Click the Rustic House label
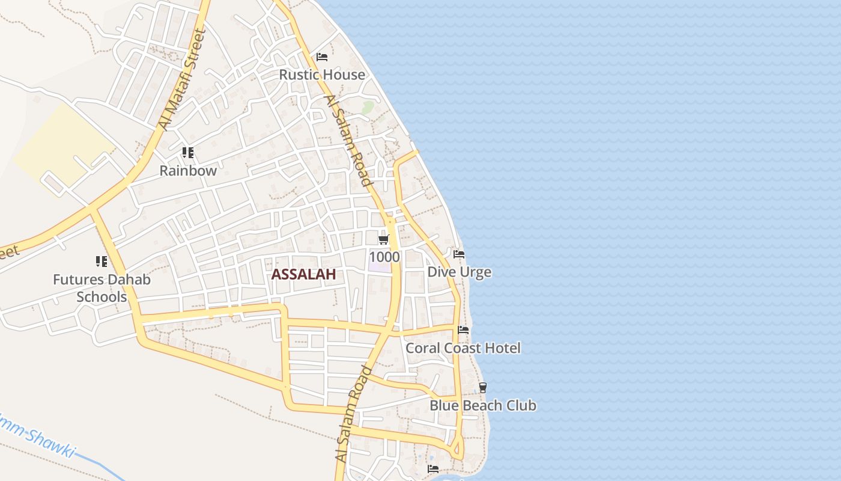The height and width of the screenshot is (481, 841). coord(322,75)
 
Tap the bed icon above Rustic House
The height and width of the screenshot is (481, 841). coord(322,57)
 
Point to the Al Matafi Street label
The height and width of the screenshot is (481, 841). coord(183,80)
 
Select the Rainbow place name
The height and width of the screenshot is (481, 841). coord(188,171)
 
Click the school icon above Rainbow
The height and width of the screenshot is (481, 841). coord(188,153)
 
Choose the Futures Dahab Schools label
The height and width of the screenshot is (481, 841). coord(102,288)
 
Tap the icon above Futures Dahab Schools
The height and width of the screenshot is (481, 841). coord(102,262)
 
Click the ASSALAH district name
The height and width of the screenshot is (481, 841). coord(303,275)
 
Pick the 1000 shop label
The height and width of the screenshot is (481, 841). coord(384,257)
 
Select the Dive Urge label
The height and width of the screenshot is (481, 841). coord(459,272)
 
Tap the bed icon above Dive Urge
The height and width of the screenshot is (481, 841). coord(459,254)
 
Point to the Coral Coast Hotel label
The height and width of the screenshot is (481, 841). coord(463,348)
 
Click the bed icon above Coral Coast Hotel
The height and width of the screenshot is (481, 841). coord(463,330)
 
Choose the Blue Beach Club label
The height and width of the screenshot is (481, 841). coord(482,406)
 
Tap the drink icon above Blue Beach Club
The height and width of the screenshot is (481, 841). coord(482,388)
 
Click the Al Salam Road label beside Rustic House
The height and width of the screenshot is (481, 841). coord(348,139)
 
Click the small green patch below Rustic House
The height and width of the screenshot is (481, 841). coord(367,108)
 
